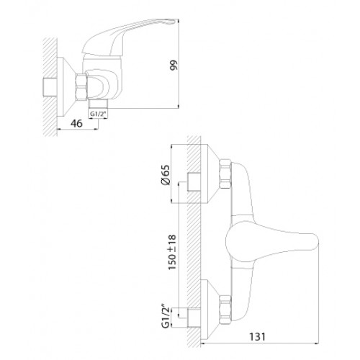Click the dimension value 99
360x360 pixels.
coord(174,65)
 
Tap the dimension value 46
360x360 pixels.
coord(76,123)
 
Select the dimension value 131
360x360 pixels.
coord(258,337)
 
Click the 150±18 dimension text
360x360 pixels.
coord(172,252)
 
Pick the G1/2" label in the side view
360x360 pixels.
coord(98,114)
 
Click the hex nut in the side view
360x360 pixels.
coord(81,87)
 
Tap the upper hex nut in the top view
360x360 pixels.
coord(225,174)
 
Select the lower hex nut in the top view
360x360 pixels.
coord(225,310)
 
